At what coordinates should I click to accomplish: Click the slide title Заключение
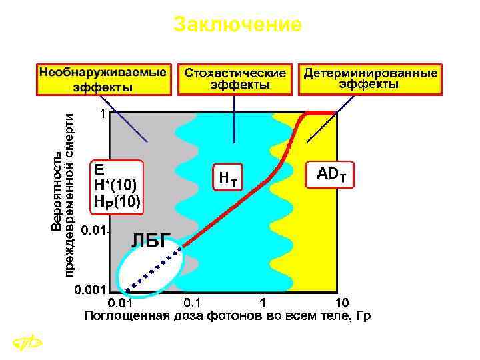tap(237, 25)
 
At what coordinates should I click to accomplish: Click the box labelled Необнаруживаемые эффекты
tap(103, 79)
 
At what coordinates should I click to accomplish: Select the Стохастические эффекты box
tap(235, 79)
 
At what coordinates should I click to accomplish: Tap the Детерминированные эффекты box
tap(371, 79)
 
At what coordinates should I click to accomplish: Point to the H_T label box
tap(227, 177)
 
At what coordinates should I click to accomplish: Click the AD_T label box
tap(331, 175)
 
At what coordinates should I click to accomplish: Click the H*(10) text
tap(117, 185)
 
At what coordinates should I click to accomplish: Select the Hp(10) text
tap(117, 201)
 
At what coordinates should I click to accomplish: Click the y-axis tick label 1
tap(102, 114)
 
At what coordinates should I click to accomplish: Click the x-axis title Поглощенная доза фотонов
tap(226, 316)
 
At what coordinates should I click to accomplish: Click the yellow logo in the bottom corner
tap(27, 344)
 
